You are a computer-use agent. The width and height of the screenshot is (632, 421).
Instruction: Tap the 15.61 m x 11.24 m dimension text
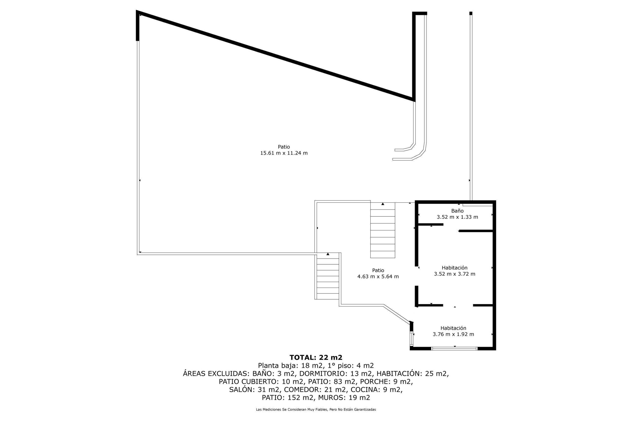click(284, 153)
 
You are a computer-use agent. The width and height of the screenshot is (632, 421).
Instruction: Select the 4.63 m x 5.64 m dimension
click(378, 276)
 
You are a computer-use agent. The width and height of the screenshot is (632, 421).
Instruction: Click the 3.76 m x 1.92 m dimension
click(453, 334)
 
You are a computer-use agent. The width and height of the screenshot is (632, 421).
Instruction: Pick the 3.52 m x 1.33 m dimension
click(457, 217)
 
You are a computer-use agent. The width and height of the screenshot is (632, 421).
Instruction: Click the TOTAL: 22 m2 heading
click(316, 357)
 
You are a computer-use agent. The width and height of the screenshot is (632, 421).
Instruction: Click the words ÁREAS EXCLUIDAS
click(217, 373)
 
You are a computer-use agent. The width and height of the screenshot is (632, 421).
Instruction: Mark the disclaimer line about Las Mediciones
click(316, 409)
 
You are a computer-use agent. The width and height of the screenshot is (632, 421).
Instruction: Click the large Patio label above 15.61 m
click(284, 147)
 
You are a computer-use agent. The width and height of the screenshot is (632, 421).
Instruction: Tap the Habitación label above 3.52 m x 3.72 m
click(454, 268)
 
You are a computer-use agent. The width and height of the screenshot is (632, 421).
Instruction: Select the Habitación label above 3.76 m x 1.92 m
click(453, 328)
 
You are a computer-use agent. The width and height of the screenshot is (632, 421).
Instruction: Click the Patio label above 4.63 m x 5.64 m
click(378, 270)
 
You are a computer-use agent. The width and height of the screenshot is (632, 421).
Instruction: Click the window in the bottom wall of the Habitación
click(454, 348)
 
